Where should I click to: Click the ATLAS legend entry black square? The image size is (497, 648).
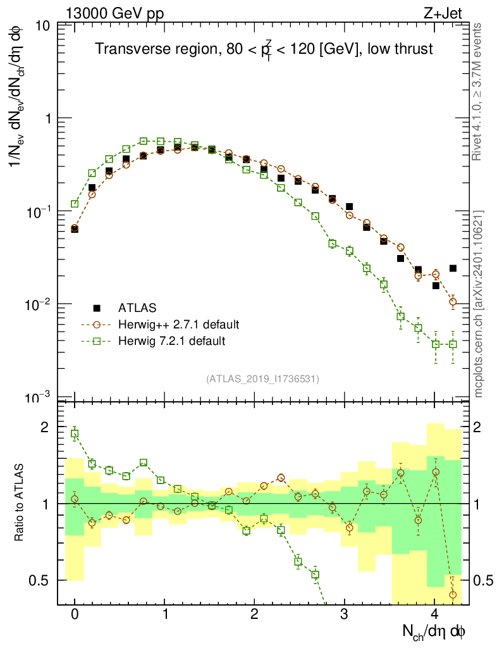(97, 308)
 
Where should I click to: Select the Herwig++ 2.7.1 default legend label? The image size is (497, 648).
(179, 325)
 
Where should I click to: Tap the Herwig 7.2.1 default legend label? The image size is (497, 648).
(172, 341)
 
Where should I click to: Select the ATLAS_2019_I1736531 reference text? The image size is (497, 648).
(262, 379)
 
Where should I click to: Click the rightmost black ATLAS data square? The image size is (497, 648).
(453, 268)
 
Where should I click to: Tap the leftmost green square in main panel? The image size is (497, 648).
(75, 204)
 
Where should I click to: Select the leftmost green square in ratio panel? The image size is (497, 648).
(75, 434)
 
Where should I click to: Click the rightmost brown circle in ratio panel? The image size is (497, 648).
(453, 594)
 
